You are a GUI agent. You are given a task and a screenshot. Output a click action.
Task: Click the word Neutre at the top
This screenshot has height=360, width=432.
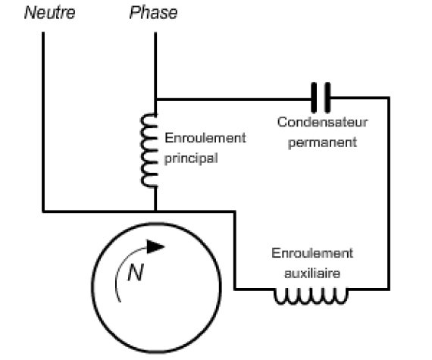(49, 13)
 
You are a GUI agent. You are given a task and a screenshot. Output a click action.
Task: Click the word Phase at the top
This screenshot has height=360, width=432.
(153, 13)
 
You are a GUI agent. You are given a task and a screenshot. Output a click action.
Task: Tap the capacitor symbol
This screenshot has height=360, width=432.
(321, 98)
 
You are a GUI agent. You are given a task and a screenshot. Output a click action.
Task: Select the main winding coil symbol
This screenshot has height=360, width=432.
(149, 150)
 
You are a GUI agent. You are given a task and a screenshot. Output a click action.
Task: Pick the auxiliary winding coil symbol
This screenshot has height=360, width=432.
(311, 296)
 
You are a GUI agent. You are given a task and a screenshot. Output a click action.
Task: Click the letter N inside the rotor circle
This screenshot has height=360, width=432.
(136, 272)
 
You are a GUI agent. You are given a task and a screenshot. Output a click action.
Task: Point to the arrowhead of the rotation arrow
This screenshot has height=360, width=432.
(155, 246)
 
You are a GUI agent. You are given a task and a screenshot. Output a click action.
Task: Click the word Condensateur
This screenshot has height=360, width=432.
(322, 122)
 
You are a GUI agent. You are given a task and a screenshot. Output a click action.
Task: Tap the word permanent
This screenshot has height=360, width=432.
(322, 143)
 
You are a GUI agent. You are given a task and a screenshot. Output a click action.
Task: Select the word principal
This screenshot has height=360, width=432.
(191, 158)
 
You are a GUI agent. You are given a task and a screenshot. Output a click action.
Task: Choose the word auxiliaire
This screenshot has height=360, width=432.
(312, 274)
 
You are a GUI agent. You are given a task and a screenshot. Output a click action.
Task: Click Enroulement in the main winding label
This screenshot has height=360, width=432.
(205, 138)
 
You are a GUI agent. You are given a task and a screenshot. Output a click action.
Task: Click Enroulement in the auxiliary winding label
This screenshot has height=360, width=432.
(312, 253)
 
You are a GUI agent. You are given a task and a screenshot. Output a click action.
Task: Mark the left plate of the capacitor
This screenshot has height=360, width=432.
(314, 98)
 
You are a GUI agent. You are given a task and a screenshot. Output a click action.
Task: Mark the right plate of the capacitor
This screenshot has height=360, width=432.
(327, 98)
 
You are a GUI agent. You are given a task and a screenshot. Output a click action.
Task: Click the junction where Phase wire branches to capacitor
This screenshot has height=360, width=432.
(155, 99)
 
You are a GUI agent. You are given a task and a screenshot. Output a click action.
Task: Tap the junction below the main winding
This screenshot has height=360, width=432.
(155, 211)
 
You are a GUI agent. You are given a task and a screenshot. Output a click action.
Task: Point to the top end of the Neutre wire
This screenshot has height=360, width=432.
(43, 33)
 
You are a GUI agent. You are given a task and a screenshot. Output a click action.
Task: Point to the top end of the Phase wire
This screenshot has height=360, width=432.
(155, 33)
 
